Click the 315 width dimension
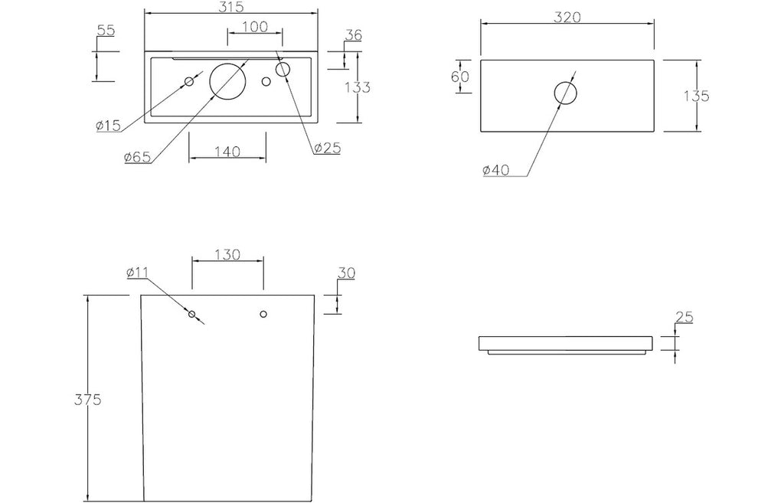click(231, 7)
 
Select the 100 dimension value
click(255, 27)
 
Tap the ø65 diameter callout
click(137, 156)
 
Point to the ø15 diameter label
click(108, 126)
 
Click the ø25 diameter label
click(328, 148)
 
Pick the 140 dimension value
click(227, 151)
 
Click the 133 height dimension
click(358, 87)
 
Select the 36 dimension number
click(354, 35)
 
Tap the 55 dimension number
click(106, 30)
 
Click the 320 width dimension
click(567, 17)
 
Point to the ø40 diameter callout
click(496, 170)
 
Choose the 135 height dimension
click(696, 96)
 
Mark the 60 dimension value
click(460, 77)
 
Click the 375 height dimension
click(88, 399)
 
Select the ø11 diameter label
click(138, 273)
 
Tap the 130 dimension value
click(227, 254)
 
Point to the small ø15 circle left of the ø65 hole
click(190, 81)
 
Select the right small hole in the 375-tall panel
click(263, 314)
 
